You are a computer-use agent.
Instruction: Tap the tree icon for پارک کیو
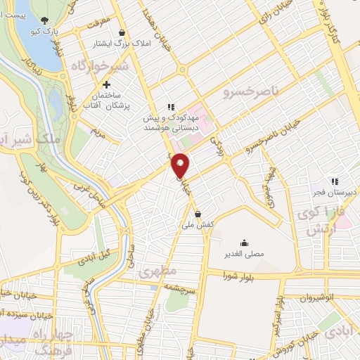[46, 20]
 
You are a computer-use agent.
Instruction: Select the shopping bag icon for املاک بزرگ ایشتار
[122, 32]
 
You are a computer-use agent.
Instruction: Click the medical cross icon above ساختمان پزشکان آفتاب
[107, 84]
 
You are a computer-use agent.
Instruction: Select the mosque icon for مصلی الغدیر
[244, 242]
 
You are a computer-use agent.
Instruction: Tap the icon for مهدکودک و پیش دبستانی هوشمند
[170, 107]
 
